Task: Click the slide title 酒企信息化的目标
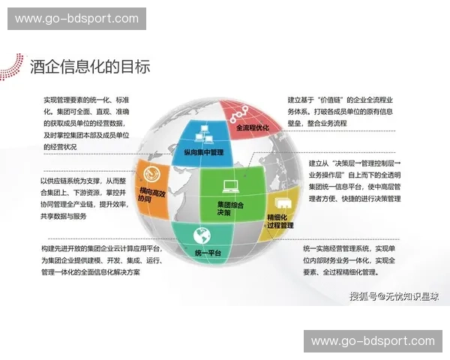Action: point(90,66)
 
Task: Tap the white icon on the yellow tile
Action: point(283,203)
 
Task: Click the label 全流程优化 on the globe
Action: point(252,127)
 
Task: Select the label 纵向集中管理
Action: point(204,152)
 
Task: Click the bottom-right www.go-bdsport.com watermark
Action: point(373,341)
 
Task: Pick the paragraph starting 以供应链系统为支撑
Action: point(85,198)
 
